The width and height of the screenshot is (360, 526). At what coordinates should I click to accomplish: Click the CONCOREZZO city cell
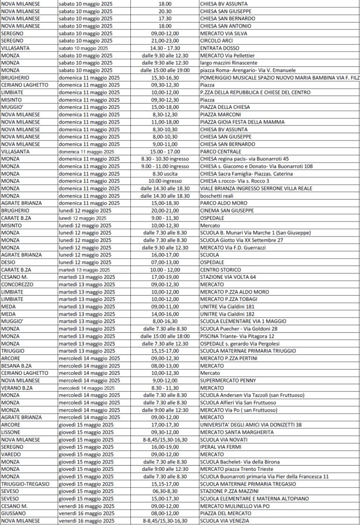coord(18,284)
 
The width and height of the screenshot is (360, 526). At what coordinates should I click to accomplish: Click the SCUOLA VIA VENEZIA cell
coord(225,520)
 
